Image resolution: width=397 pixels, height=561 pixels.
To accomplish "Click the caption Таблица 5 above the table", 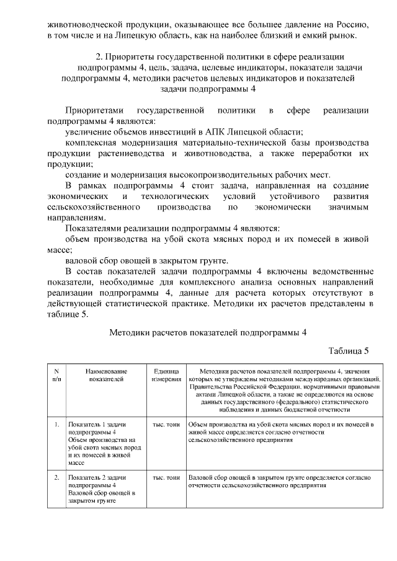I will pyautogui.click(x=349, y=351).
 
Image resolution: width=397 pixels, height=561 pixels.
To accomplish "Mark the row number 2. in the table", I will pyautogui.click(x=56, y=478).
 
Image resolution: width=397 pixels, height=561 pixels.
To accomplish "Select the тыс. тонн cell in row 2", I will pyautogui.click(x=166, y=478).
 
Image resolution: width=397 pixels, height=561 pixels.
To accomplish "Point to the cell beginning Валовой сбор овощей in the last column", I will pyautogui.click(x=279, y=482).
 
